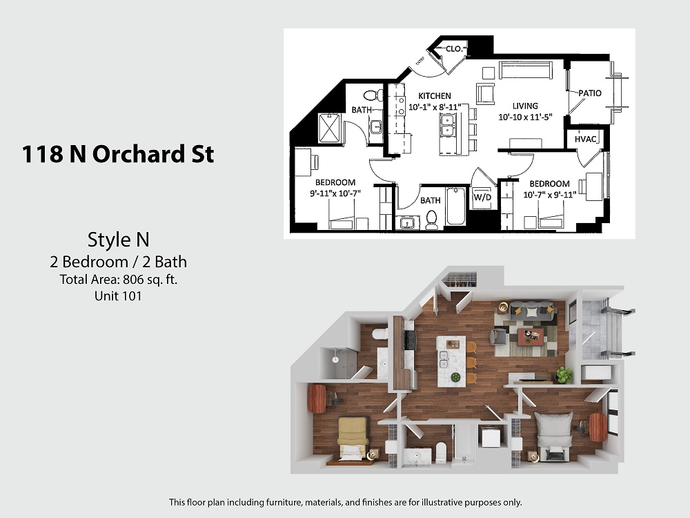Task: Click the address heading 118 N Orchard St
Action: [x=118, y=154]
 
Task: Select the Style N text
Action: [x=119, y=240]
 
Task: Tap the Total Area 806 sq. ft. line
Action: [x=119, y=279]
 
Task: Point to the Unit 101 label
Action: [x=118, y=296]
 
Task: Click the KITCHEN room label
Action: [x=434, y=95]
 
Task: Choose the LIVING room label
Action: [x=525, y=106]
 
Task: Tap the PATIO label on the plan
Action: [x=590, y=93]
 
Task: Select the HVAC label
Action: [x=585, y=140]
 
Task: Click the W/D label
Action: [x=482, y=197]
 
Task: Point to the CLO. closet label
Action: [x=454, y=48]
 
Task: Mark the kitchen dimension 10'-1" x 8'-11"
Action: [x=435, y=106]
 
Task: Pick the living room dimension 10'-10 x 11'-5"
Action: [x=525, y=117]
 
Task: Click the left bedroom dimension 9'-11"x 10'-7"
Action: [x=335, y=193]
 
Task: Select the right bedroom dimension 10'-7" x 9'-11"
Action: [x=550, y=194]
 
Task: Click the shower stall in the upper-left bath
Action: [x=330, y=128]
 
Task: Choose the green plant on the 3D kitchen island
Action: [x=455, y=378]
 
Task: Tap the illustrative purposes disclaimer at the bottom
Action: [x=346, y=502]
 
